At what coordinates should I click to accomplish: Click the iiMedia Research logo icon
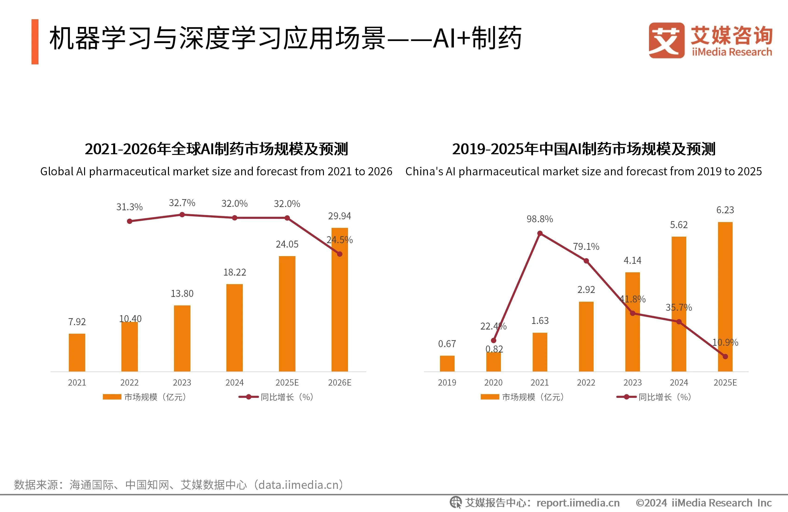coord(666,40)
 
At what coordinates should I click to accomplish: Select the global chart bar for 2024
coord(234,328)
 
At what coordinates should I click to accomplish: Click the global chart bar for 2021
coord(77,352)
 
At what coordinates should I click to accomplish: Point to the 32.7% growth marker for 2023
coord(182,215)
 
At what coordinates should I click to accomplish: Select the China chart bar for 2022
coord(586,336)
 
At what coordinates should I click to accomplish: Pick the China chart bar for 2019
coord(447,363)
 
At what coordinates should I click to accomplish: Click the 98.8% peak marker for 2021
coord(540,233)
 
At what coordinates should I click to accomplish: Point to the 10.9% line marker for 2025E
coord(725,356)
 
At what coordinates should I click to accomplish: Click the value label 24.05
coord(287,244)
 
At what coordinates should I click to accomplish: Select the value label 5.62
coord(679,225)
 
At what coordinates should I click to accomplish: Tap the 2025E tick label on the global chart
coord(287,383)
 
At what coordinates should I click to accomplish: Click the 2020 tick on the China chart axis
coord(493,383)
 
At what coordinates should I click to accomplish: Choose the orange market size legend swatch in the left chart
coord(112,397)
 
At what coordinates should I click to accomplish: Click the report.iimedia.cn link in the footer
coord(578,503)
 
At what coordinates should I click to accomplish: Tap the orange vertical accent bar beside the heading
coord(35,42)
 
